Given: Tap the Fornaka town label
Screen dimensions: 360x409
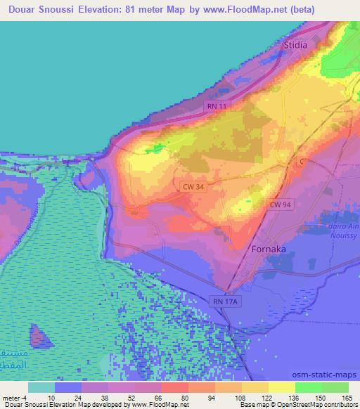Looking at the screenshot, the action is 268,249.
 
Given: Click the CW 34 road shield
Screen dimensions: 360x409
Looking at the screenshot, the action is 191,186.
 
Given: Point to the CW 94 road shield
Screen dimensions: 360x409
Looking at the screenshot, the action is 279,203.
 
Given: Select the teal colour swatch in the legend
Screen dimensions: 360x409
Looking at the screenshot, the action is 41,387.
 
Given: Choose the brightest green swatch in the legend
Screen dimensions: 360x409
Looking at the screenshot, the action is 308,387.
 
